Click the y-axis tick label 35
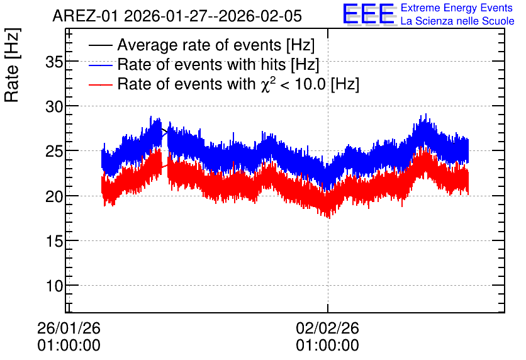(x=54, y=62)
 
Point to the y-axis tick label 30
(x=54, y=107)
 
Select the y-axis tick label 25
(x=54, y=152)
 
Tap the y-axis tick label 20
(x=54, y=196)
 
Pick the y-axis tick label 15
(x=54, y=242)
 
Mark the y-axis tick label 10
(x=54, y=286)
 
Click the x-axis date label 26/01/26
(x=69, y=328)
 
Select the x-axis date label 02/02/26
(x=327, y=328)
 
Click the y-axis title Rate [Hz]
(x=12, y=65)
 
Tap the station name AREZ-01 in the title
(x=85, y=16)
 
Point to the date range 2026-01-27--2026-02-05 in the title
(x=213, y=16)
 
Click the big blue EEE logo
(x=369, y=14)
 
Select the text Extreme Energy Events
(x=457, y=8)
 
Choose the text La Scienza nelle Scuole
(x=457, y=21)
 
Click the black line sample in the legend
(x=101, y=45)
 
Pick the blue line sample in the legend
(x=101, y=65)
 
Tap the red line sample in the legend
(x=101, y=84)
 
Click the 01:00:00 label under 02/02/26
(x=327, y=346)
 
